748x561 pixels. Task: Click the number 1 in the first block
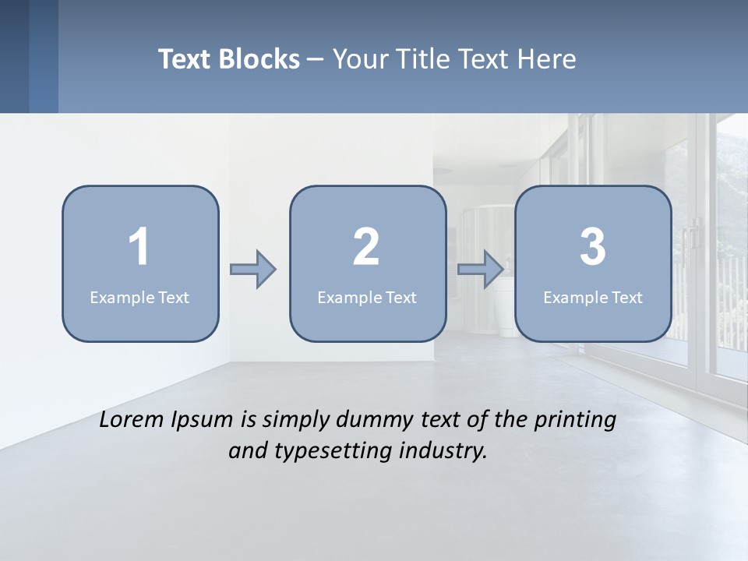click(x=139, y=247)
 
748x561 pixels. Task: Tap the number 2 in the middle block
click(x=366, y=247)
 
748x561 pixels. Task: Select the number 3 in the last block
click(x=592, y=247)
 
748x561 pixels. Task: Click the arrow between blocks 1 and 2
click(x=253, y=270)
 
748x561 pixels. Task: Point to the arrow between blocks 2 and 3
click(x=481, y=270)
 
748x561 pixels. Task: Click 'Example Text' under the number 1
click(x=139, y=297)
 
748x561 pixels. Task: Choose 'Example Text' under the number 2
click(x=367, y=297)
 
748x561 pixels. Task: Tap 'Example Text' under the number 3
click(x=593, y=297)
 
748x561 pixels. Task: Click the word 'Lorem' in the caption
click(x=132, y=419)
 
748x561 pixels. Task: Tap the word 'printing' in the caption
click(x=575, y=421)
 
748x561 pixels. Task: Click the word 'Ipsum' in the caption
click(x=203, y=421)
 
